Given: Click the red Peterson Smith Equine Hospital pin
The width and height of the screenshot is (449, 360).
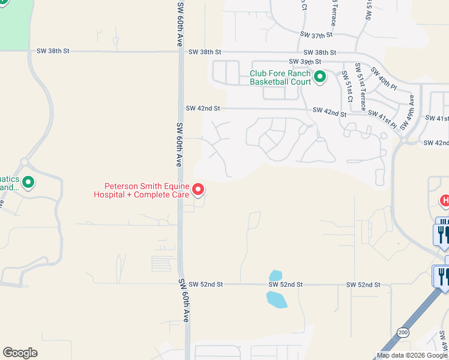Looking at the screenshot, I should point(198,190).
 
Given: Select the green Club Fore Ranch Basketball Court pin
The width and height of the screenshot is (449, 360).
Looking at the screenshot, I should point(320,76).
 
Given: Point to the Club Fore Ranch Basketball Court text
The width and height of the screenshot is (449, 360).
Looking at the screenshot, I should point(280,77).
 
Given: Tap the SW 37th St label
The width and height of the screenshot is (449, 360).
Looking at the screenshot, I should point(317,35).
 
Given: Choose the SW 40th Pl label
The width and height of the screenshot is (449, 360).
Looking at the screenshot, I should point(384,78).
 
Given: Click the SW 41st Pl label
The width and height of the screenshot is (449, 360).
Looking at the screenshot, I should point(382,118).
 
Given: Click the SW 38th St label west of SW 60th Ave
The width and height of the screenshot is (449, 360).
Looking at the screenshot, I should point(53,51).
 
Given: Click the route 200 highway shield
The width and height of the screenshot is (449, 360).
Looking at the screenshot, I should point(402,332).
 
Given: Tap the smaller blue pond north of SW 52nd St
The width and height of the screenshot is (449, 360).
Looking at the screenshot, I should point(276,275).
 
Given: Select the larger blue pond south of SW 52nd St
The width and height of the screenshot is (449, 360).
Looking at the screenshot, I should point(276,299).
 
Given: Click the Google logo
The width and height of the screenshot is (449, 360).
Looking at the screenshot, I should point(20,353).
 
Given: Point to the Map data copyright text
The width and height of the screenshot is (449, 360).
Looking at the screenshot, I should point(411,355).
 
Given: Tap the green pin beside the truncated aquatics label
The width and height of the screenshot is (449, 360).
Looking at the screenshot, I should point(28,182).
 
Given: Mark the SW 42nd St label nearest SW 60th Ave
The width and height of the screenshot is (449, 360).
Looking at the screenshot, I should point(203,108).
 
